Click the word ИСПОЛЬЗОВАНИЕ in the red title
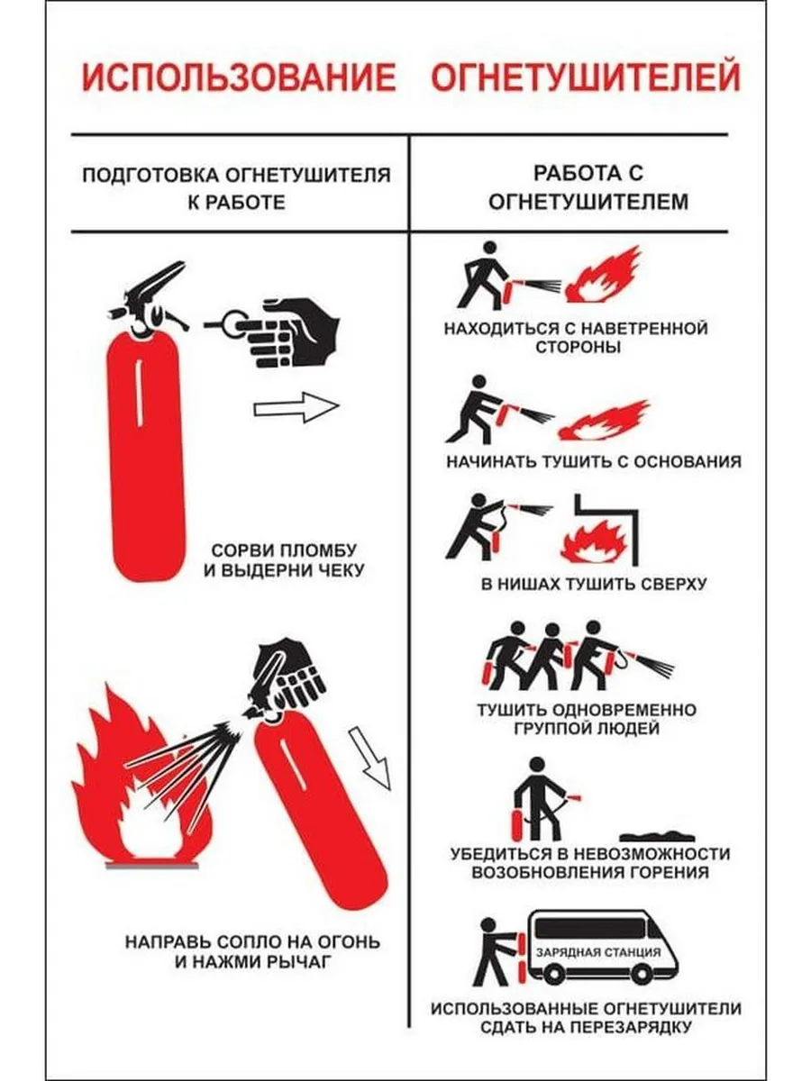tap(239, 77)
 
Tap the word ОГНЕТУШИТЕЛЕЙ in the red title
tap(586, 76)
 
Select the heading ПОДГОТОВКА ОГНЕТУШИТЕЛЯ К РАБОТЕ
tap(236, 188)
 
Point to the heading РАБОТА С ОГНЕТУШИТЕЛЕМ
tap(588, 187)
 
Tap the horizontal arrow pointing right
tap(296, 407)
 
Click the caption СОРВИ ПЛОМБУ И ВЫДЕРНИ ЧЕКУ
tap(284, 560)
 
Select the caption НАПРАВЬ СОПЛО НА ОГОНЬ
tap(252, 941)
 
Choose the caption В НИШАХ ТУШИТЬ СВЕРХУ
tap(593, 584)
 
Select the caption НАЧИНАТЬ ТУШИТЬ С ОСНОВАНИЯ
tap(593, 462)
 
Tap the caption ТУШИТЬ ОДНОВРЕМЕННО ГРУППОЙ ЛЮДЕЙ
tap(587, 719)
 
